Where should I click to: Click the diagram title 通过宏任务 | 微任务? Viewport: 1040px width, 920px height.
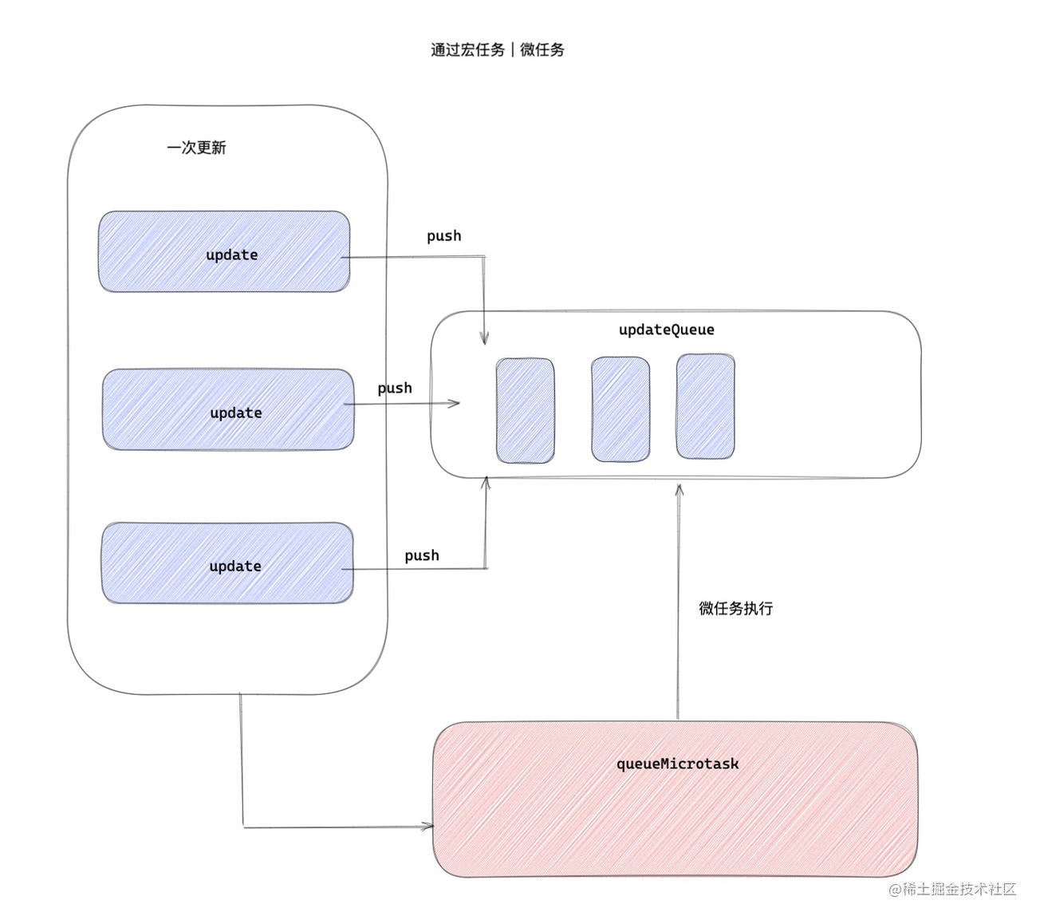498,49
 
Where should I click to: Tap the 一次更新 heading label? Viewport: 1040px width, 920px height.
196,148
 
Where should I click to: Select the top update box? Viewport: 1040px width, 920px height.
224,252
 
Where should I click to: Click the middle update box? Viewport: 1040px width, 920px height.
228,409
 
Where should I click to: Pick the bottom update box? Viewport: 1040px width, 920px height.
227,563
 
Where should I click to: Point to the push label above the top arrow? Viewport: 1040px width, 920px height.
443,236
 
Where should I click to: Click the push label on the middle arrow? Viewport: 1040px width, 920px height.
395,389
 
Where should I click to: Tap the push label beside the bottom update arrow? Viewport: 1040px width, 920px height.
421,555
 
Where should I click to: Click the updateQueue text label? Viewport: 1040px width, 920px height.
666,330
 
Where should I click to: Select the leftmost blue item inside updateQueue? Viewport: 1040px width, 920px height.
525,410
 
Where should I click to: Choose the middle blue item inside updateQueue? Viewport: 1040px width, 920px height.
620,409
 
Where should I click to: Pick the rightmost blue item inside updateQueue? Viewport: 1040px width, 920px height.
705,407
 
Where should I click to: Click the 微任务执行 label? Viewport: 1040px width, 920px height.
735,608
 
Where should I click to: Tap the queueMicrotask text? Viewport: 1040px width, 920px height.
677,764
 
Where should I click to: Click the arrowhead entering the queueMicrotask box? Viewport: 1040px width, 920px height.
428,827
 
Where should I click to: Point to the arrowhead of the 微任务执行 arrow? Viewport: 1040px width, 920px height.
679,488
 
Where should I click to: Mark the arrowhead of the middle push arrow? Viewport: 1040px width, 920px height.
455,403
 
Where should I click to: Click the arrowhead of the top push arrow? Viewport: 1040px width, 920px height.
484,339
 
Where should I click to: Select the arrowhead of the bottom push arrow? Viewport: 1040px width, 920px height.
486,482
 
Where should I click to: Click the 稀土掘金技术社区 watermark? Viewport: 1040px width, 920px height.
952,889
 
